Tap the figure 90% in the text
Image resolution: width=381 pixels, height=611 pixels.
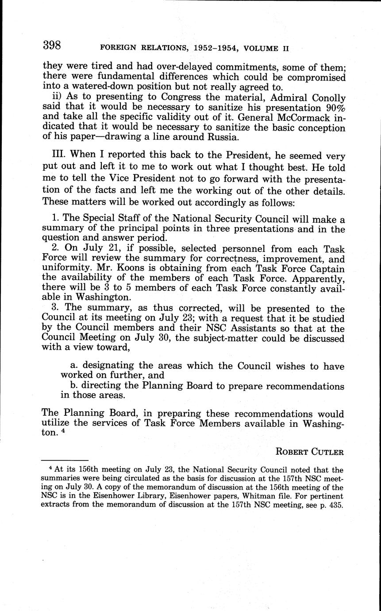pyautogui.click(x=332, y=108)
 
